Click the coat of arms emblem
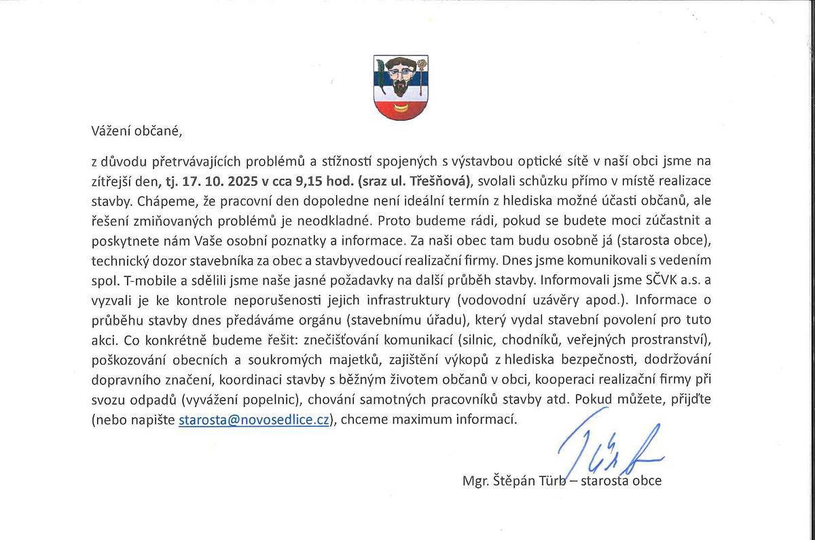pyautogui.click(x=401, y=87)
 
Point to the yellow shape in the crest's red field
pyautogui.click(x=401, y=107)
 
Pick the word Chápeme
pyautogui.click(x=153, y=202)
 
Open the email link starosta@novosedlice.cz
pyautogui.click(x=254, y=419)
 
